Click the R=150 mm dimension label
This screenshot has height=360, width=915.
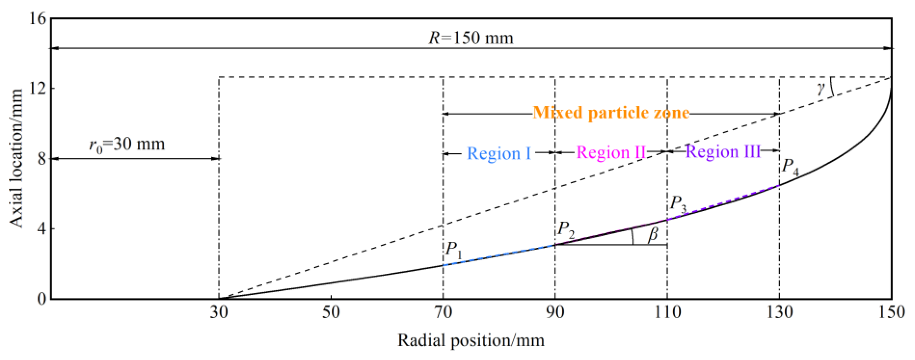[471, 38]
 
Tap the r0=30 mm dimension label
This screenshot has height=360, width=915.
[127, 144]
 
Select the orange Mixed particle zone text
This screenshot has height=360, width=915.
[611, 113]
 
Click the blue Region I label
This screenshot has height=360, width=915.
[499, 153]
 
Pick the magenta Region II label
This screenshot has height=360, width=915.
[611, 153]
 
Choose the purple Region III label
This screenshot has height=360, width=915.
[722, 152]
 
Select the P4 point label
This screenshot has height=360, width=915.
[790, 167]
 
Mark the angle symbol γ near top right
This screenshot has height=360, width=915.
[820, 88]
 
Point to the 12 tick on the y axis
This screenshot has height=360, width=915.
[38, 88]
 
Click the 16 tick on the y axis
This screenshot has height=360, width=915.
[38, 19]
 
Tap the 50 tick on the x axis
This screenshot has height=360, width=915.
[331, 313]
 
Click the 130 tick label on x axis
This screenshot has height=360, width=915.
[779, 313]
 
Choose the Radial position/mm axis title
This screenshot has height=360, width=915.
[471, 340]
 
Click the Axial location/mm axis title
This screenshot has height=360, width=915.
[16, 159]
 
